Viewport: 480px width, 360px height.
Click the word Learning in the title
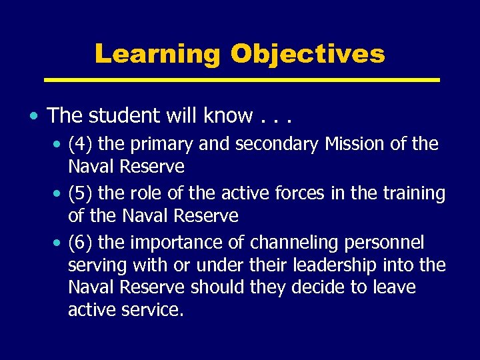coord(157,54)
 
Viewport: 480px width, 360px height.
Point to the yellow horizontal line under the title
coord(241,80)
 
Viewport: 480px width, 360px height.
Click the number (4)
coord(81,144)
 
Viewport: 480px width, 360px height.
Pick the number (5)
coord(81,193)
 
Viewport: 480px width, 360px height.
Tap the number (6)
coord(81,242)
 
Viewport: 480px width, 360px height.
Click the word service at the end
coord(151,310)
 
